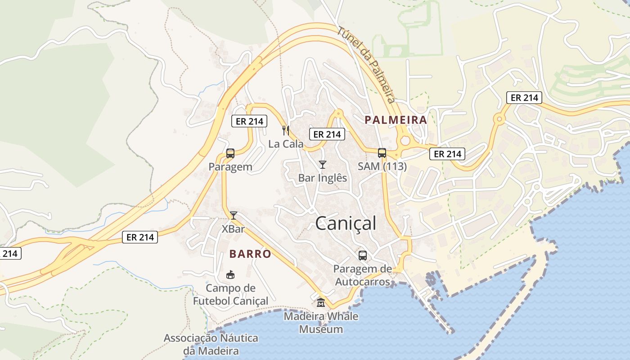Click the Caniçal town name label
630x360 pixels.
coord(346,223)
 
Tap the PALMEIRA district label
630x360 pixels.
coord(396,120)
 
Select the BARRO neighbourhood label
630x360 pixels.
coord(250,254)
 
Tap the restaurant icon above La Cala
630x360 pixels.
coord(285,130)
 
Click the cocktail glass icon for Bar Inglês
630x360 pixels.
coord(322,165)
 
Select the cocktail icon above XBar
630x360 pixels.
coord(233,216)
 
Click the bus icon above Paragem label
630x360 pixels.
coord(230,153)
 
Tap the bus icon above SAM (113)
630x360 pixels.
coord(382,153)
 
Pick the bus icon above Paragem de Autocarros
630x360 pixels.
coord(362,256)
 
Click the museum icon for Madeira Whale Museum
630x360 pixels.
coord(321,303)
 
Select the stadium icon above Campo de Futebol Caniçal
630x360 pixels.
coord(230,274)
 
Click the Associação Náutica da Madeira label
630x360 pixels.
coord(211,344)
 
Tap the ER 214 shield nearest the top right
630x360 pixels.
coord(524,98)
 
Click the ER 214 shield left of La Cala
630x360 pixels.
coord(249,121)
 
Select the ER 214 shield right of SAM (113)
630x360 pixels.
coord(447,154)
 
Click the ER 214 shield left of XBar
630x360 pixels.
coord(140,237)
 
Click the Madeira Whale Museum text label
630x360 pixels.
coord(321,323)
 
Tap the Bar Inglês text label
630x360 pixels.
coord(322,178)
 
